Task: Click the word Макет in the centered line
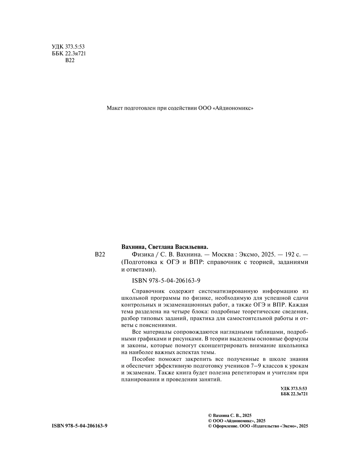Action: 114,108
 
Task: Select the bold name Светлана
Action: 165,247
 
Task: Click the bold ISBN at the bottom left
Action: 80,426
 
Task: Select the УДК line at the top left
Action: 68,47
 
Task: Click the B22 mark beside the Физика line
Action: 100,255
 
